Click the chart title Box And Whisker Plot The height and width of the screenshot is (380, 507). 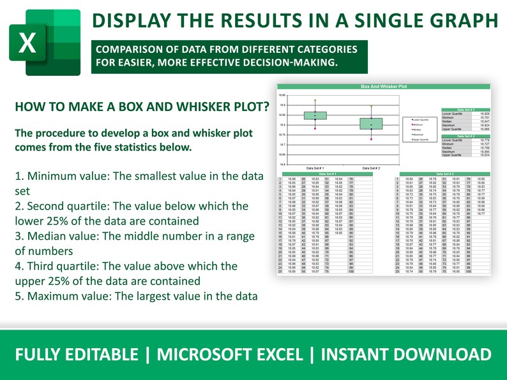click(384, 85)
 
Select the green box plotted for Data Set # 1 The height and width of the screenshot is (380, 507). click(315, 115)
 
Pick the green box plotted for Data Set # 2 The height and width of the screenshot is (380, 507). click(370, 123)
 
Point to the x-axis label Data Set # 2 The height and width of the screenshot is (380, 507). click(370, 168)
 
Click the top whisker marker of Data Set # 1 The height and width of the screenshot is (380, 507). click(315, 101)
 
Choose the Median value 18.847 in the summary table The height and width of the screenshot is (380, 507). click(483, 121)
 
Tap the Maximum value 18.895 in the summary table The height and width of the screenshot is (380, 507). click(483, 152)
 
